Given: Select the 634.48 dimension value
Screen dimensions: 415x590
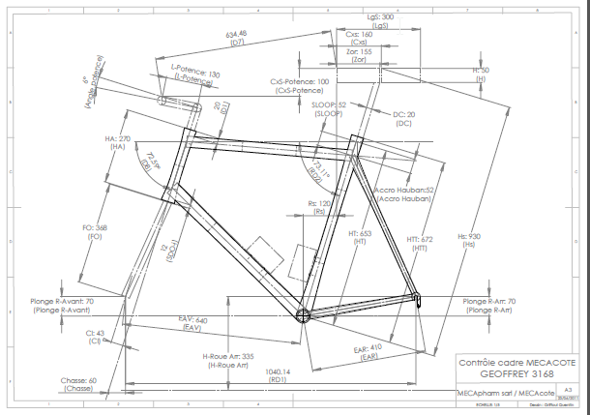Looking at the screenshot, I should pos(235,33).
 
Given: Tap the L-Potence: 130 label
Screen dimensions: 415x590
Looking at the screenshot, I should pos(195,74).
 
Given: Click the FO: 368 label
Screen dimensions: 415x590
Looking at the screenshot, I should pos(95,227).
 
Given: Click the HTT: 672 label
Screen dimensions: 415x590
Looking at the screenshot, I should pos(420,239).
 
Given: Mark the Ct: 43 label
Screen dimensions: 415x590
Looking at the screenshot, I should pos(95,334).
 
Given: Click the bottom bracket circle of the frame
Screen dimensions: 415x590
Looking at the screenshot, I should pos(302,314).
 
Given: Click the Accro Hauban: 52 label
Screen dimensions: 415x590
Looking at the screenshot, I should pos(406,190).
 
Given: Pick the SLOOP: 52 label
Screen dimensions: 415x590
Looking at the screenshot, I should pos(330,105).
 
